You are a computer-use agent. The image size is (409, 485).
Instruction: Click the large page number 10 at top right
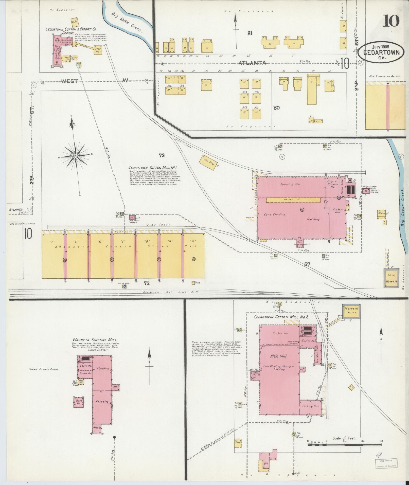click(x=391, y=21)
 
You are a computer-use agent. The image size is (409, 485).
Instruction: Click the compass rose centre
click(x=76, y=155)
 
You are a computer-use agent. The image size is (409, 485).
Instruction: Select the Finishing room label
click(x=103, y=368)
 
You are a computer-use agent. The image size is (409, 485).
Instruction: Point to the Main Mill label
click(x=278, y=356)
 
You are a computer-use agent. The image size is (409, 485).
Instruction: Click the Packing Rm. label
click(x=310, y=406)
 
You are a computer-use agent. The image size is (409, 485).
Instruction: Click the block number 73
click(x=162, y=155)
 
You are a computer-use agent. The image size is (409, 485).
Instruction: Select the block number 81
click(x=250, y=33)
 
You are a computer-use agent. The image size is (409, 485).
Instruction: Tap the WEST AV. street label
click(x=95, y=81)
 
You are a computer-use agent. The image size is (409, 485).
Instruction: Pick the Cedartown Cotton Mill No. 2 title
click(x=281, y=317)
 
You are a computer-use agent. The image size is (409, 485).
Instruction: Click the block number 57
click(x=307, y=264)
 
